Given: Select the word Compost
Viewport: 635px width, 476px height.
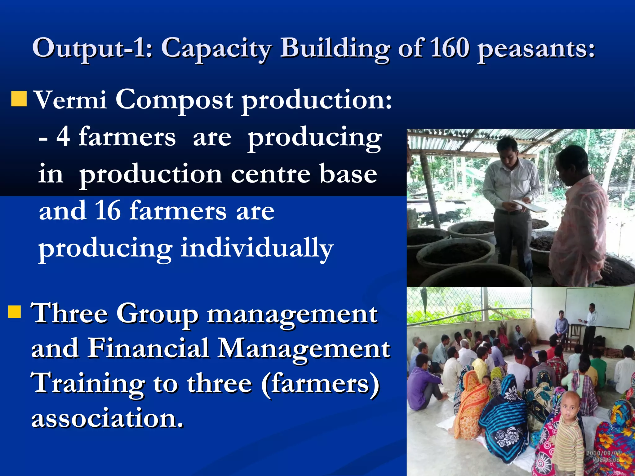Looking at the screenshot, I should pos(174,100).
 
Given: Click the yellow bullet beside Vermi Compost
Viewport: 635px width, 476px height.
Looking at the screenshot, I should pos(19,99).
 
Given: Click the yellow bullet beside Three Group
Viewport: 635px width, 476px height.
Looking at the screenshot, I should pos(15,312).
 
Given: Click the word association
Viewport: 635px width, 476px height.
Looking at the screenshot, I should pos(107,418).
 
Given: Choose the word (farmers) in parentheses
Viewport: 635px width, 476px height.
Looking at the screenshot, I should pos(320,383).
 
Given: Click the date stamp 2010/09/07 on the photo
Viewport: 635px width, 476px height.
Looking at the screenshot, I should pos(603,453).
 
